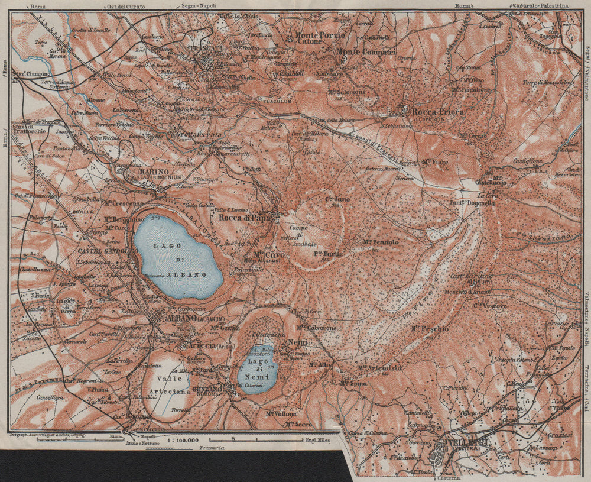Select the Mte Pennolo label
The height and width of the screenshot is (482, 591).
coord(381,242)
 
